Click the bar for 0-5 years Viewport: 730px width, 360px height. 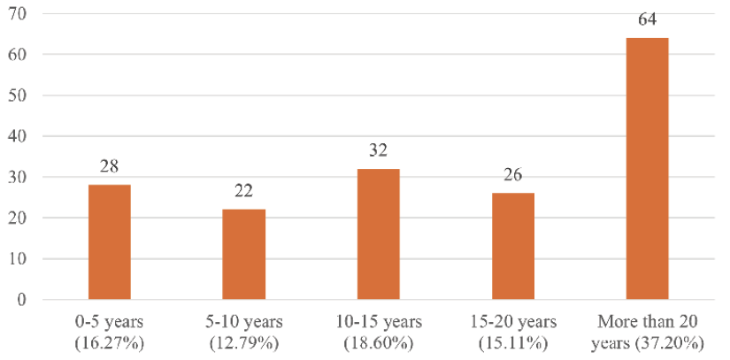pos(110,242)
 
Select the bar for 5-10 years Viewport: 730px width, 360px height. pos(243,255)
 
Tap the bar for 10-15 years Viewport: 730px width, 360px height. pos(378,234)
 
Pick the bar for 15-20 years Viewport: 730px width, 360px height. pos(512,247)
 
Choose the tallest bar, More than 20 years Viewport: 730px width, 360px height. pos(647,169)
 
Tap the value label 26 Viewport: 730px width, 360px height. pos(512,175)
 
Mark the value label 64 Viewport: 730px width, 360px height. pos(647,20)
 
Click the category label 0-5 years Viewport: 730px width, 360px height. pos(110,320)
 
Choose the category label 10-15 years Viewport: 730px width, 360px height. pos(378,320)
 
